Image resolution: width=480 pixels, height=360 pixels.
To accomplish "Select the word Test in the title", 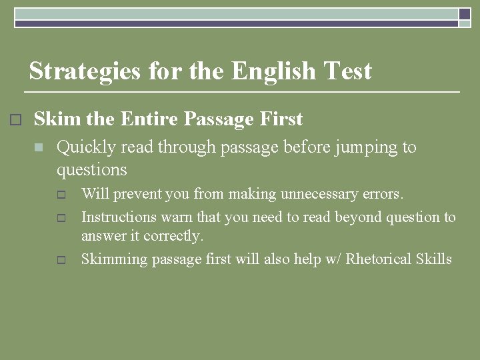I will (347, 71).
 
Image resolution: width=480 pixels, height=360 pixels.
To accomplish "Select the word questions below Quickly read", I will (91, 170).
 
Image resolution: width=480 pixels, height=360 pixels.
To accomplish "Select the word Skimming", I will (113, 259).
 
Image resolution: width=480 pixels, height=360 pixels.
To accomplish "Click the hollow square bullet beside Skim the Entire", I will (16, 120).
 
